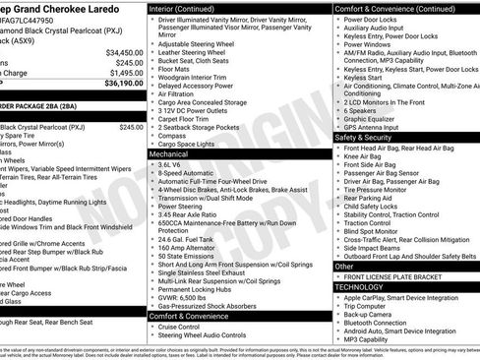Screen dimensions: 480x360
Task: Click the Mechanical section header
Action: [x=169, y=154]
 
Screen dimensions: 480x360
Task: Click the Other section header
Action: [x=344, y=266]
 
